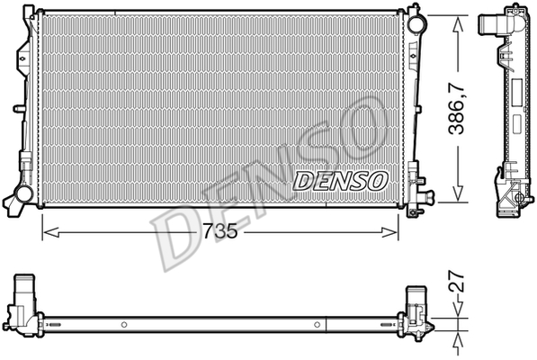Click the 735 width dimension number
(x=219, y=231)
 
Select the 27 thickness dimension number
(x=457, y=281)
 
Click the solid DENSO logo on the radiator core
(x=340, y=181)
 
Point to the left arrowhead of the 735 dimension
(x=51, y=232)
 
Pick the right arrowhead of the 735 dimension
(x=389, y=232)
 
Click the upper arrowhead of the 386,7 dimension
(x=458, y=26)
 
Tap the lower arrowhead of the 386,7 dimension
(x=458, y=193)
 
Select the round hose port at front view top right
(x=417, y=22)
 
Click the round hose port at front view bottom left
(x=24, y=193)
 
